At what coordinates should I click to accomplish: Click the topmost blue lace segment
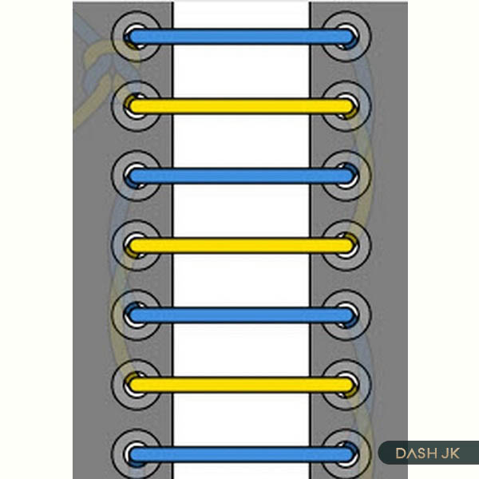(x=241, y=37)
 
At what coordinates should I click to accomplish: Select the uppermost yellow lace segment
(x=241, y=106)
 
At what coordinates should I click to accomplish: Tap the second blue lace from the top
(x=241, y=176)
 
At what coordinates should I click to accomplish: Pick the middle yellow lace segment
(x=241, y=245)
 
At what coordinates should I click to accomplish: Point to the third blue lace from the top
(x=241, y=315)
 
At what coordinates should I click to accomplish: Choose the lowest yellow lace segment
(x=241, y=385)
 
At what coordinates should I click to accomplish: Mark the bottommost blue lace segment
(x=241, y=454)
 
